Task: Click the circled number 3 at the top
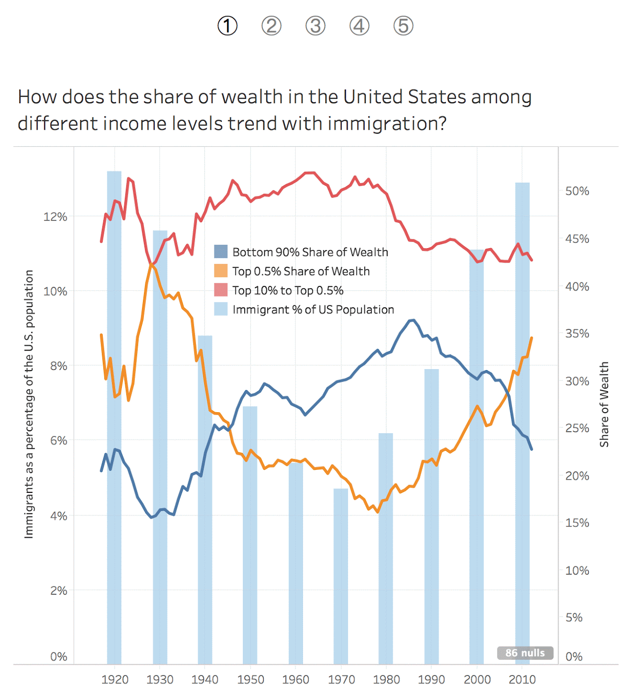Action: click(315, 26)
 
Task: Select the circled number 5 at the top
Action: click(403, 26)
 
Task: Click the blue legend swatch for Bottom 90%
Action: click(221, 252)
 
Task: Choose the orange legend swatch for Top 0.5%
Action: click(221, 271)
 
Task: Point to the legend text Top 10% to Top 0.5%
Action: click(288, 290)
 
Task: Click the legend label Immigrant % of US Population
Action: click(313, 309)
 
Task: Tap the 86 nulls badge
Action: click(525, 653)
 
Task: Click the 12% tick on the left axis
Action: click(55, 217)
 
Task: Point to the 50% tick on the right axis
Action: click(577, 191)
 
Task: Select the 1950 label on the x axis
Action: click(250, 680)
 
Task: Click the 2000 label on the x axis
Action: click(477, 680)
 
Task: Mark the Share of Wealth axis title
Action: click(605, 404)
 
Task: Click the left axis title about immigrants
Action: click(29, 404)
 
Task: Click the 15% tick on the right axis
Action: click(577, 523)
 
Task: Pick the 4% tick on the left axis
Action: click(59, 516)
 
